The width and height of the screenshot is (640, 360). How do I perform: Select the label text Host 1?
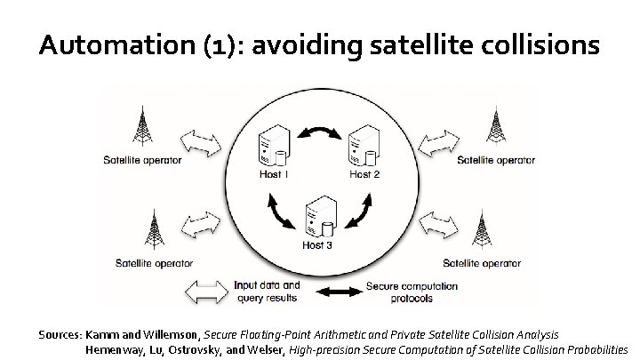tap(273, 174)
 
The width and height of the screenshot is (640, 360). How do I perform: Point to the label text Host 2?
tap(364, 174)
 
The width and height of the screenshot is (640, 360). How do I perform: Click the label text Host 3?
tap(316, 244)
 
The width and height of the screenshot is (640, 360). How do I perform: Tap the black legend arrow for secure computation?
tap(335, 292)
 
